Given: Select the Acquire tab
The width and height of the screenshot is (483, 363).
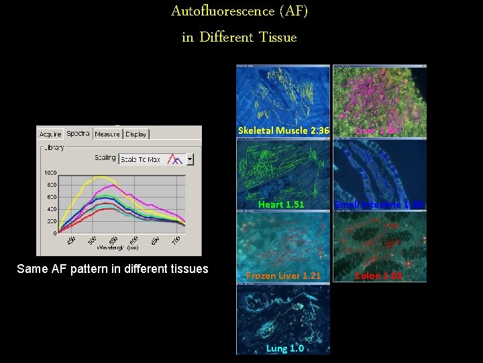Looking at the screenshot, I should (50, 134).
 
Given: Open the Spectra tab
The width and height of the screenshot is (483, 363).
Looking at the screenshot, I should (78, 133).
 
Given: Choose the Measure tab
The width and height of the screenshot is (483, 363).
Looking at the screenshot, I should (107, 134).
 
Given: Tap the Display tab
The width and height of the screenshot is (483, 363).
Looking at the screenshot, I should (136, 134).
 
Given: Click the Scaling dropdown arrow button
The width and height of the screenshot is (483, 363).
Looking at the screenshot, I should (190, 159).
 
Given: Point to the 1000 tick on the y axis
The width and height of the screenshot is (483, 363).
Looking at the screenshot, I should (50, 173).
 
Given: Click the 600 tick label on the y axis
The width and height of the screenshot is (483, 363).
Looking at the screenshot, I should (51, 197).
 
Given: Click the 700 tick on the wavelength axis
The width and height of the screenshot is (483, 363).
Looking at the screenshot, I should (176, 241).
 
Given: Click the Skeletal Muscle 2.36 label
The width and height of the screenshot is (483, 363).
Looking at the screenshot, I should (283, 130).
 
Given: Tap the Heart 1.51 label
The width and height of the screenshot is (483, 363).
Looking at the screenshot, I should (281, 204).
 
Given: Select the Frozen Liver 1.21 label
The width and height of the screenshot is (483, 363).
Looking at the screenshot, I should (283, 276).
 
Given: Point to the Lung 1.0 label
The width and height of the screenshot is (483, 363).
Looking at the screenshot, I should (284, 348).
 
